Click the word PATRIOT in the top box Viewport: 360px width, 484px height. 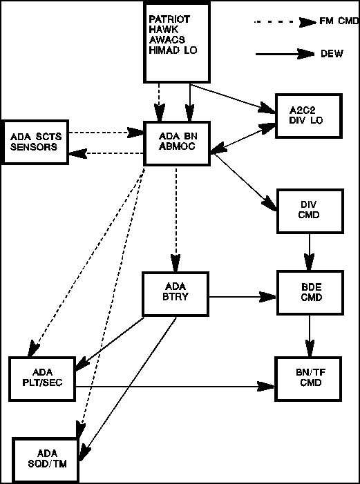coord(169,19)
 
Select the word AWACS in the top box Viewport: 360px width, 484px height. coord(167,40)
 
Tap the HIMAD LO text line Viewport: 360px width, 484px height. coord(173,50)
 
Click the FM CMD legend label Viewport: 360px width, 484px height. coord(339,21)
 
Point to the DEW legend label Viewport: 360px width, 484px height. coord(332,54)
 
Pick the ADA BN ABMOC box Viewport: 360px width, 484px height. coord(177,143)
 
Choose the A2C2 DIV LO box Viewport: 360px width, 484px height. coord(309,115)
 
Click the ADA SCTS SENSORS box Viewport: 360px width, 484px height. coord(35,142)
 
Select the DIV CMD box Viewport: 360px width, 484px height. coord(310,211)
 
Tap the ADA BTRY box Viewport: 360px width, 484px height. coord(176,294)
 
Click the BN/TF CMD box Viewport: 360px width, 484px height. coord(309,378)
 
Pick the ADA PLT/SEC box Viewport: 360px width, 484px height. coord(42,379)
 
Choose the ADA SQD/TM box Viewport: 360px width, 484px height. coord(46,460)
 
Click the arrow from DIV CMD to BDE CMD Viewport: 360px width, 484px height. coord(310,251)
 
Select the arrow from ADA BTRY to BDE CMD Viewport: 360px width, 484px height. coord(243,297)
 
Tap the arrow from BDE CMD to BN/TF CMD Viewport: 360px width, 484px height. coord(310,336)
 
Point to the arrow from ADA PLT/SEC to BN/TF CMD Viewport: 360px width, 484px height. coord(176,386)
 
